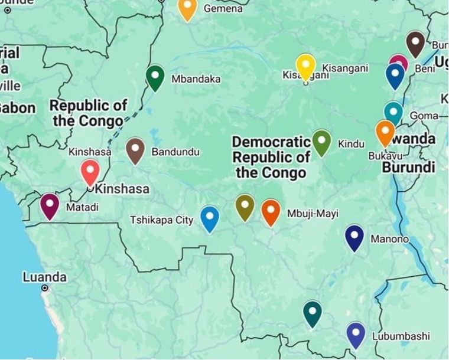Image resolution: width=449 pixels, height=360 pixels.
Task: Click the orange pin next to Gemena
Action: (187, 8)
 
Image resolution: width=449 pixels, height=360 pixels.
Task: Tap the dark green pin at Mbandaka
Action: (155, 77)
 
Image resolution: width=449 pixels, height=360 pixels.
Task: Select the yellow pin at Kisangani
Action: (305, 66)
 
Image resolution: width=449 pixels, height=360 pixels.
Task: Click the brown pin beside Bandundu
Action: (135, 149)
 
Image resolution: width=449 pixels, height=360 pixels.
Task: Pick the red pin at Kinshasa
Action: (90, 172)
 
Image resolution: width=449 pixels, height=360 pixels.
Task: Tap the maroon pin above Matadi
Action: (50, 205)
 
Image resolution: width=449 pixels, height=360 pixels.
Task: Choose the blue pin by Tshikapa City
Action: (210, 218)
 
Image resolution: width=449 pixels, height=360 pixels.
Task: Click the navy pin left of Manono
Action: (354, 237)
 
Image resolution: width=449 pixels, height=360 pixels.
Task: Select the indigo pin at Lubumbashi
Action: (355, 334)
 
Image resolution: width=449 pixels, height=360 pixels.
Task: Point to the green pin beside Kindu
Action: (321, 142)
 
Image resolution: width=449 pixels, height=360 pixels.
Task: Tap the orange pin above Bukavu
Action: (385, 132)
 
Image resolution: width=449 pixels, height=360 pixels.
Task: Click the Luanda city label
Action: (44, 277)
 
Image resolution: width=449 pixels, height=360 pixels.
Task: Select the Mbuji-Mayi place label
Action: (313, 214)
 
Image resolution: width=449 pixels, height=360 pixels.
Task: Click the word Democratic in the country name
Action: (271, 142)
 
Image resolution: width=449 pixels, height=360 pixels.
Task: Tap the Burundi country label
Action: (408, 168)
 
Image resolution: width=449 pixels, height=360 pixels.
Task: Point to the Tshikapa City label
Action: (161, 220)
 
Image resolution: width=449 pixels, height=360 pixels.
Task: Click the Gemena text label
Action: (223, 9)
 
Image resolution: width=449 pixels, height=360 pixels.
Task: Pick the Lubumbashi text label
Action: (401, 336)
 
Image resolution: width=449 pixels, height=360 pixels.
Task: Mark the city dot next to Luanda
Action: (45, 288)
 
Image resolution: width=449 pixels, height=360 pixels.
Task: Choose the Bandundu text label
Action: (175, 152)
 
